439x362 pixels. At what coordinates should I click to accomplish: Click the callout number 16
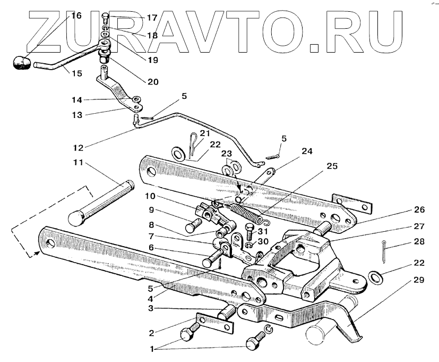76,15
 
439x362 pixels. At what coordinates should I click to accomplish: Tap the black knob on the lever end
21,63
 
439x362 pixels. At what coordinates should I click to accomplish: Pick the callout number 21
205,133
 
